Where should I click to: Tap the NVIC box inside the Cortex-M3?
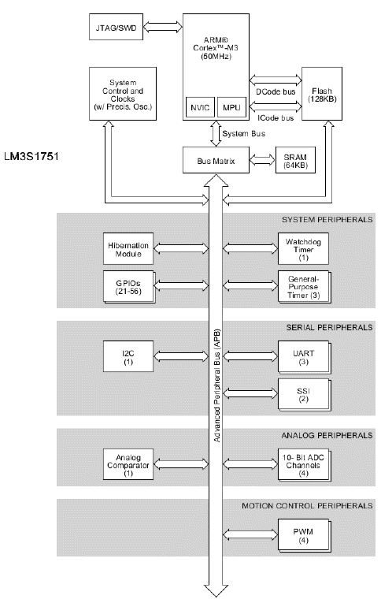[x=201, y=107]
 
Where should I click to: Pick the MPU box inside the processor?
[x=231, y=107]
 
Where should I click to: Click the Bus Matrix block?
[x=209, y=160]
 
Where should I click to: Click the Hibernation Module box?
[x=128, y=248]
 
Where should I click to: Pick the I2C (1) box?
[x=128, y=355]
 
